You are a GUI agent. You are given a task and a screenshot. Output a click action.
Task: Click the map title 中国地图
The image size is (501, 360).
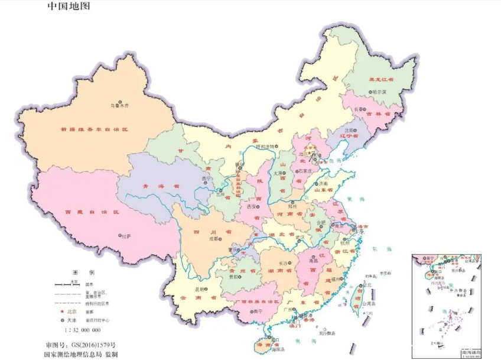69,7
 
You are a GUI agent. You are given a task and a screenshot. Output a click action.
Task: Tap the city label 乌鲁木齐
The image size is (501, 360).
119,106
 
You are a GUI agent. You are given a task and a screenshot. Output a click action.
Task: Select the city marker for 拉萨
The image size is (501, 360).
123,235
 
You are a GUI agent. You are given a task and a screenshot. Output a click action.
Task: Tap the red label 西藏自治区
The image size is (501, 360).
92,211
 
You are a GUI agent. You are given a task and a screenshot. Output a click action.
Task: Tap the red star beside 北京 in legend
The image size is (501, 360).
60,310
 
